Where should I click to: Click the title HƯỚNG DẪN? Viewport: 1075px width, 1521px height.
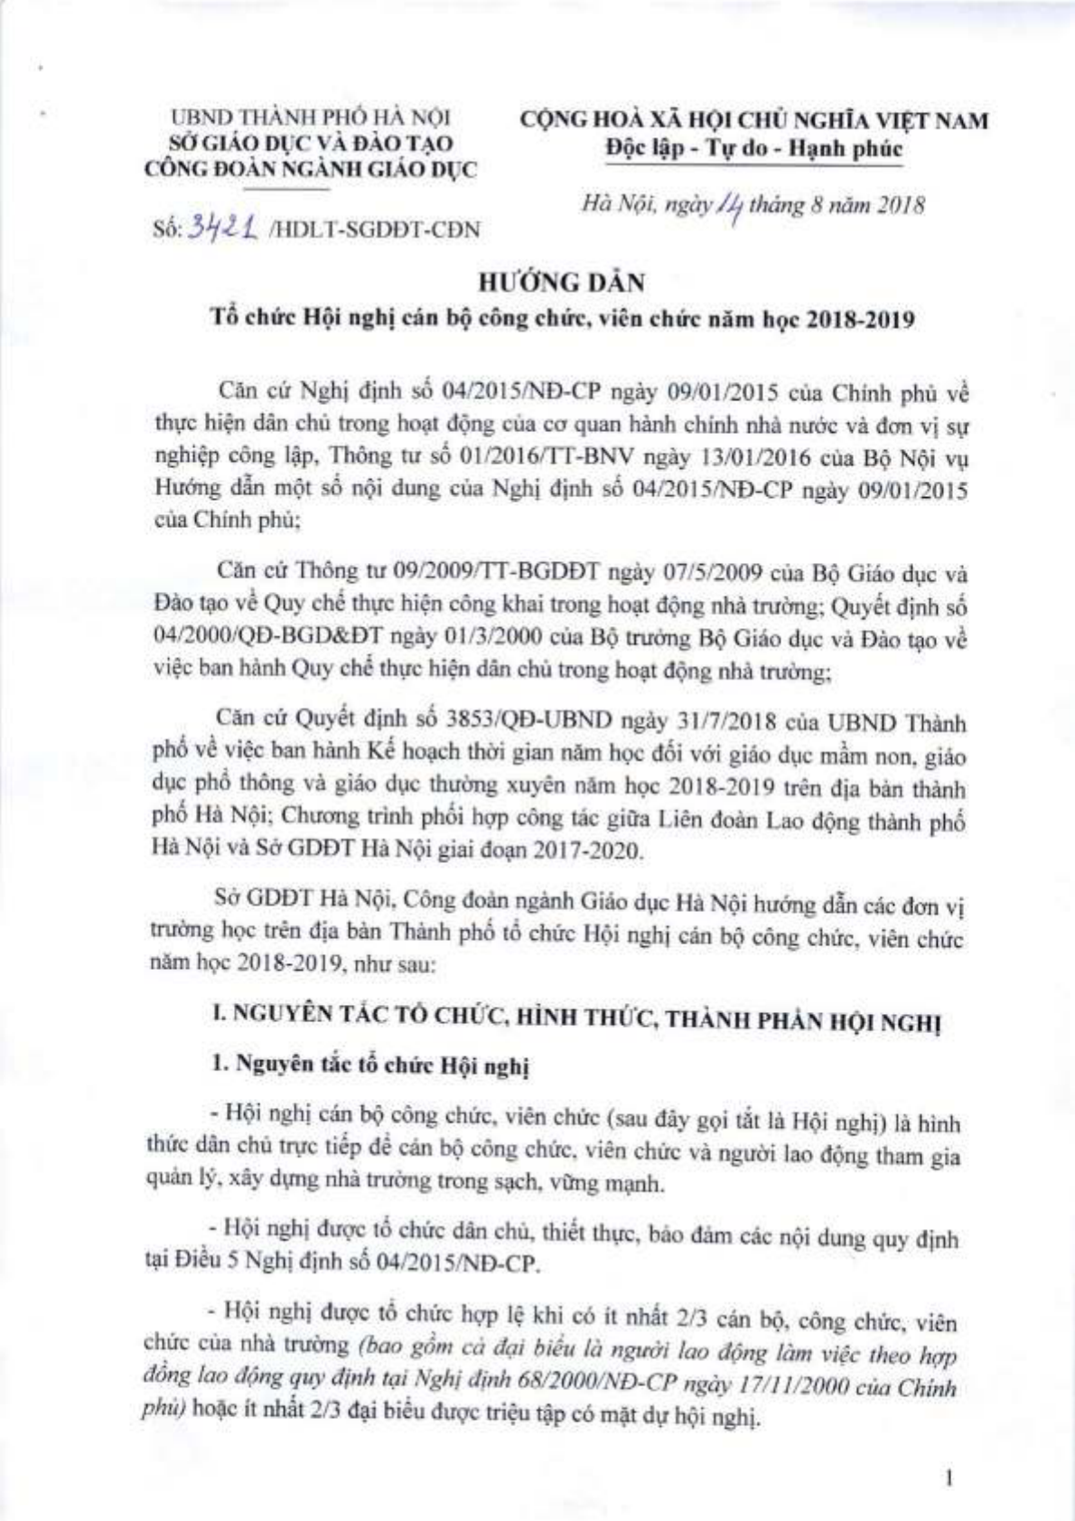click(574, 283)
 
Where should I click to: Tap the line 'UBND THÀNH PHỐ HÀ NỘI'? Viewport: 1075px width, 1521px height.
click(312, 118)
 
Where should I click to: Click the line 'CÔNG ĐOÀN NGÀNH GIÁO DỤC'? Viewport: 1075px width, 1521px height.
click(312, 170)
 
